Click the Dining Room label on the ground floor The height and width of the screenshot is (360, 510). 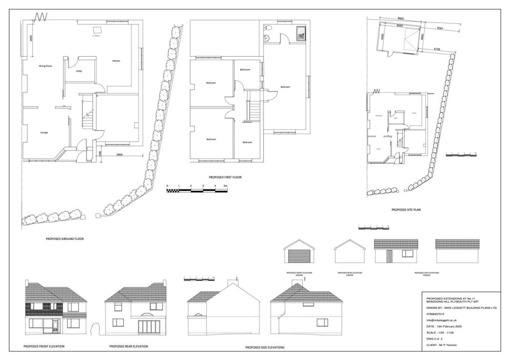[46, 65]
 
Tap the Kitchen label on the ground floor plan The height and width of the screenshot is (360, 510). [116, 61]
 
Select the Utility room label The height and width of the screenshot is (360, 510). [79, 71]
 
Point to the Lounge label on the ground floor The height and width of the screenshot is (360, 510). [44, 132]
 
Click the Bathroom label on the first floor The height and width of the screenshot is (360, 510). [245, 70]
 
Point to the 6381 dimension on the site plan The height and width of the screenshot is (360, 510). [440, 28]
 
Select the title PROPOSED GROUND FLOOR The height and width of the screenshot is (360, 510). [65, 239]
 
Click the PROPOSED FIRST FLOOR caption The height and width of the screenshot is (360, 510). [225, 177]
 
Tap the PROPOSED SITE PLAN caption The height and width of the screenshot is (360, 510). [406, 210]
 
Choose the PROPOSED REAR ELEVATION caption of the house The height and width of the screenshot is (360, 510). [128, 346]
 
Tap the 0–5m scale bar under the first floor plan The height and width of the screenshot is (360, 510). [197, 190]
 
